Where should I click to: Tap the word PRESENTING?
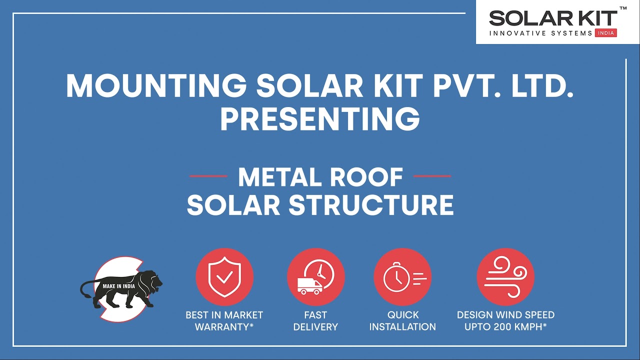click(319, 119)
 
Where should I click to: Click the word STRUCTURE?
click(371, 205)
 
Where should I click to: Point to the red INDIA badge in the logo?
click(606, 33)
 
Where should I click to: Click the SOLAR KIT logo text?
click(552, 19)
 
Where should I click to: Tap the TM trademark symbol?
click(623, 8)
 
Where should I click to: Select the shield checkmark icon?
click(224, 277)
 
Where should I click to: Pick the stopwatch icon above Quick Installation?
click(396, 277)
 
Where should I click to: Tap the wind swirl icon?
click(505, 277)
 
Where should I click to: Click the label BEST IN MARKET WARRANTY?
click(224, 321)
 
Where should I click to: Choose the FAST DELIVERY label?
click(315, 321)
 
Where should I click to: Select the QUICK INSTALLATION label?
click(402, 321)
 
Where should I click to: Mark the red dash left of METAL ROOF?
click(208, 176)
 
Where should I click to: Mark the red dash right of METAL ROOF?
click(432, 176)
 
